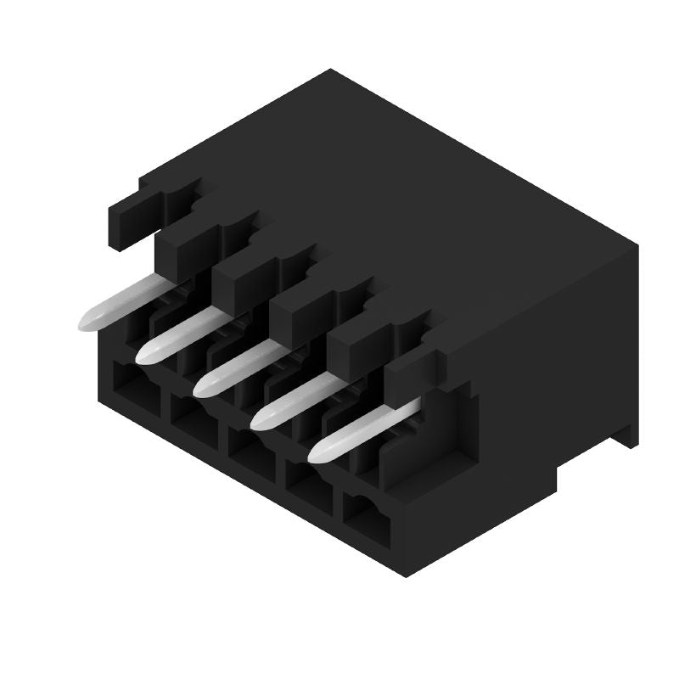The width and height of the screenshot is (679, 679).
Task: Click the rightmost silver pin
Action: coord(361,433)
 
